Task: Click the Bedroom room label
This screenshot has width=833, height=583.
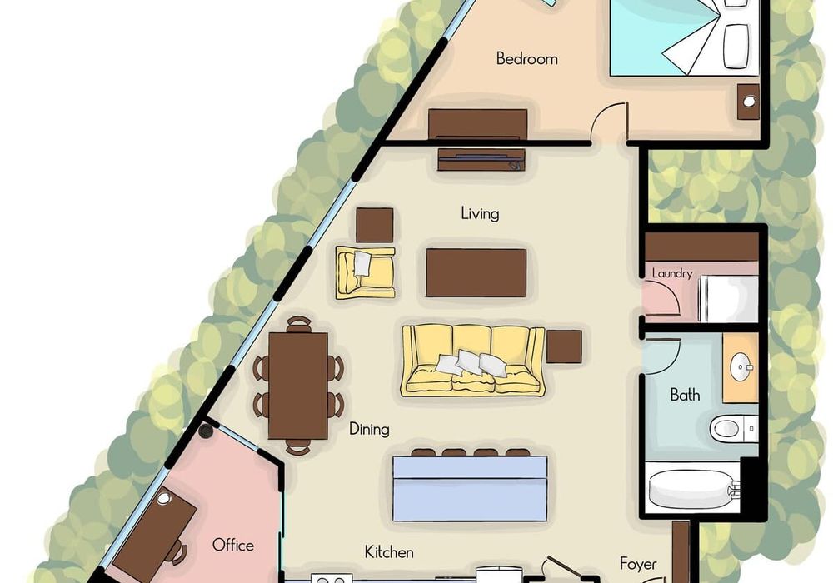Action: pos(527,58)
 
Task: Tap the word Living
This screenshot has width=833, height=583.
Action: pos(481,214)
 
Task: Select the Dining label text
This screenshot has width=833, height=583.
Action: pos(369,429)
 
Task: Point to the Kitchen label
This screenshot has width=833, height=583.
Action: pos(389,552)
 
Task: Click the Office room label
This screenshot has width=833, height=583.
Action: pos(232,545)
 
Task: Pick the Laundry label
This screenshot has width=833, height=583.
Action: pos(672,273)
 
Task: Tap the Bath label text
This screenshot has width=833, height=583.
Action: pos(685,395)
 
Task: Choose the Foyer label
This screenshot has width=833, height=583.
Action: pos(638,564)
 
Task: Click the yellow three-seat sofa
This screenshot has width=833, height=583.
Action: pos(473,360)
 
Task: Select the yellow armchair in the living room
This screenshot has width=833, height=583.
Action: pos(365,272)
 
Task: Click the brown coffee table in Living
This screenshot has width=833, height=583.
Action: pos(476,273)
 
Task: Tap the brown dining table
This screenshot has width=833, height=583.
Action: pos(297,386)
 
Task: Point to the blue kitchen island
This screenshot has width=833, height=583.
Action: pos(470,489)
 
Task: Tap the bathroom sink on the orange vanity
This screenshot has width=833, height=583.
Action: pos(741,367)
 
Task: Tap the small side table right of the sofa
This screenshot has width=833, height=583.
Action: pos(564,346)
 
